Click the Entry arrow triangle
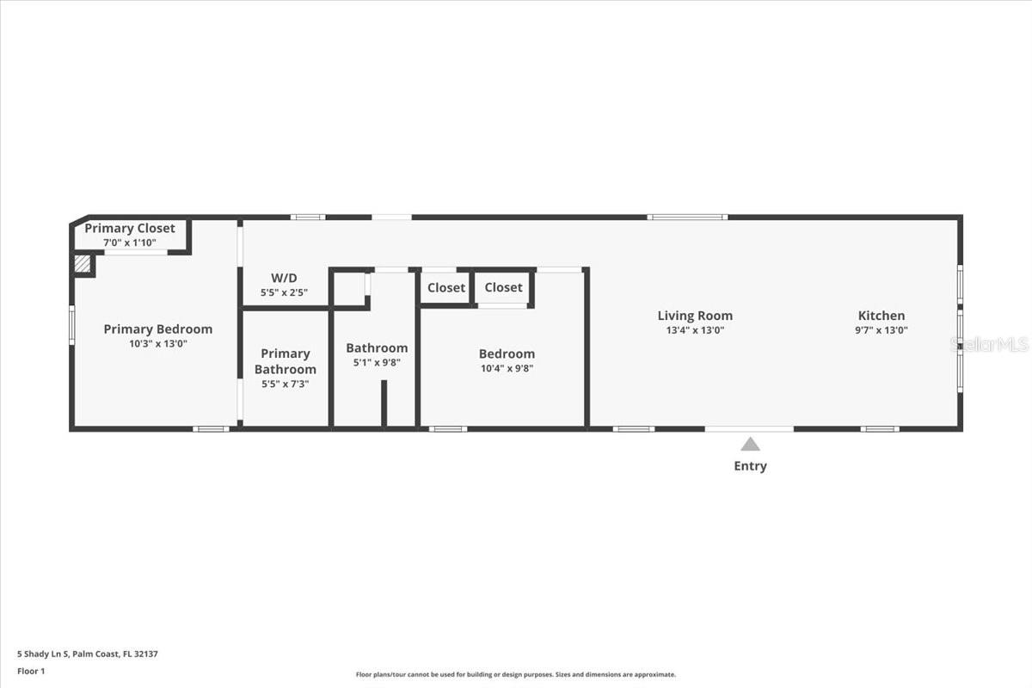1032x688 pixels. (751, 445)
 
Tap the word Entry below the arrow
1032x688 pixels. (750, 466)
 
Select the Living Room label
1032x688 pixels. (695, 316)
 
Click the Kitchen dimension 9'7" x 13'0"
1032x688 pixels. (881, 330)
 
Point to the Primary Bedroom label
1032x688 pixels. (157, 329)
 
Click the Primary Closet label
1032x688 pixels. (129, 228)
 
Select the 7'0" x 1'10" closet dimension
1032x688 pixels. (129, 243)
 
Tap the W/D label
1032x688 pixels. (284, 278)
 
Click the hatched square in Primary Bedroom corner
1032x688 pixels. (83, 264)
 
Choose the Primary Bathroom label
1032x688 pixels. (285, 361)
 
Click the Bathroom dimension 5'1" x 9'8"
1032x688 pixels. (377, 363)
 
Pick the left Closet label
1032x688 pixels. (445, 288)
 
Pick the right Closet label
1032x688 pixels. (503, 287)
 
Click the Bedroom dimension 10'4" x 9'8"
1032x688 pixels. (507, 368)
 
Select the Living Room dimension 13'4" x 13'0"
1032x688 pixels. (695, 330)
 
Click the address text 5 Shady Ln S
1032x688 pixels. (87, 654)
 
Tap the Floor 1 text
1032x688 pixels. (31, 671)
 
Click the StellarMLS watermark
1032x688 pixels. (988, 344)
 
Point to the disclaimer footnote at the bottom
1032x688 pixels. (516, 675)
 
